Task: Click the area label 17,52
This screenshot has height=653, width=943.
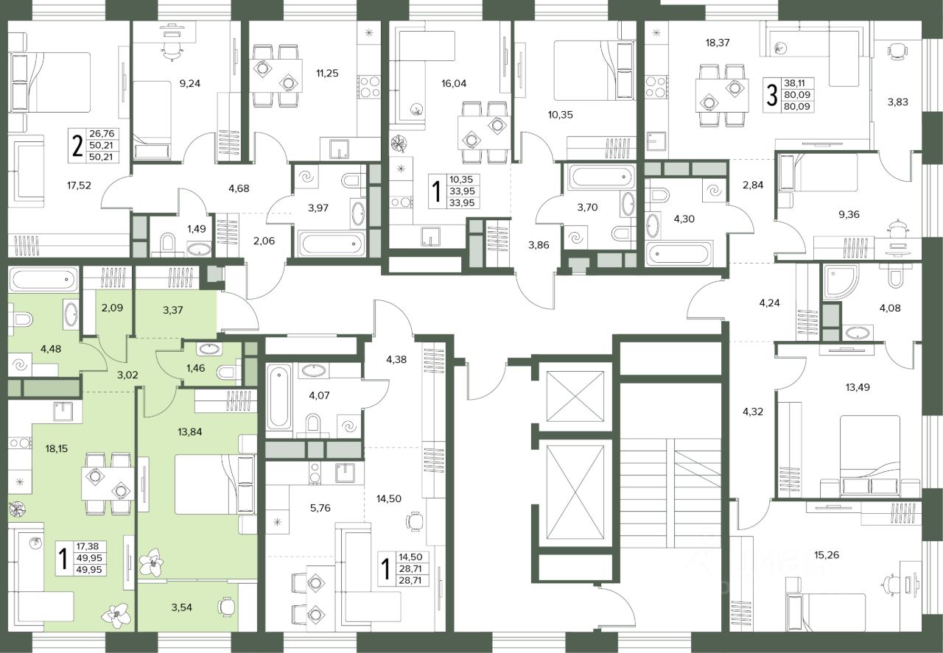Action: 79,185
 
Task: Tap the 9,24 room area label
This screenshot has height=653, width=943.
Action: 190,83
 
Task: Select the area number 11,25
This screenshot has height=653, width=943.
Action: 327,73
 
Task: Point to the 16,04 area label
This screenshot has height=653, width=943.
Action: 454,83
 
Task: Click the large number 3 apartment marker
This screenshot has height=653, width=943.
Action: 771,95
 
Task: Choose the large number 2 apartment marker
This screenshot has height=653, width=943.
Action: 77,146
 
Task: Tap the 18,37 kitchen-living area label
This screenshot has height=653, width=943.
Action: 718,43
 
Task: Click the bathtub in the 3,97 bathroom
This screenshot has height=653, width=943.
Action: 332,243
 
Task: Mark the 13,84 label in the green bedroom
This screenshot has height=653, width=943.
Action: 190,431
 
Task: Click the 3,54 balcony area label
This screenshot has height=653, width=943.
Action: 181,607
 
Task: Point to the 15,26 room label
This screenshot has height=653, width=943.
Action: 827,555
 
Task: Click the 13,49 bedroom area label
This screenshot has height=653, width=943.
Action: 858,387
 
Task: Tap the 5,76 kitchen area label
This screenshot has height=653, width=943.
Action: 320,508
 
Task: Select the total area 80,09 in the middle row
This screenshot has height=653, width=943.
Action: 797,95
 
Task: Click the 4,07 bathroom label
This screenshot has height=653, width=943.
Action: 319,395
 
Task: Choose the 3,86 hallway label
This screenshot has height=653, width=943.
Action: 539,245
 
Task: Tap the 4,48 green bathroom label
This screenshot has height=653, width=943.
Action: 51,349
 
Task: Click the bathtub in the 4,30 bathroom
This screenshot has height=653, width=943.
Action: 679,253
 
